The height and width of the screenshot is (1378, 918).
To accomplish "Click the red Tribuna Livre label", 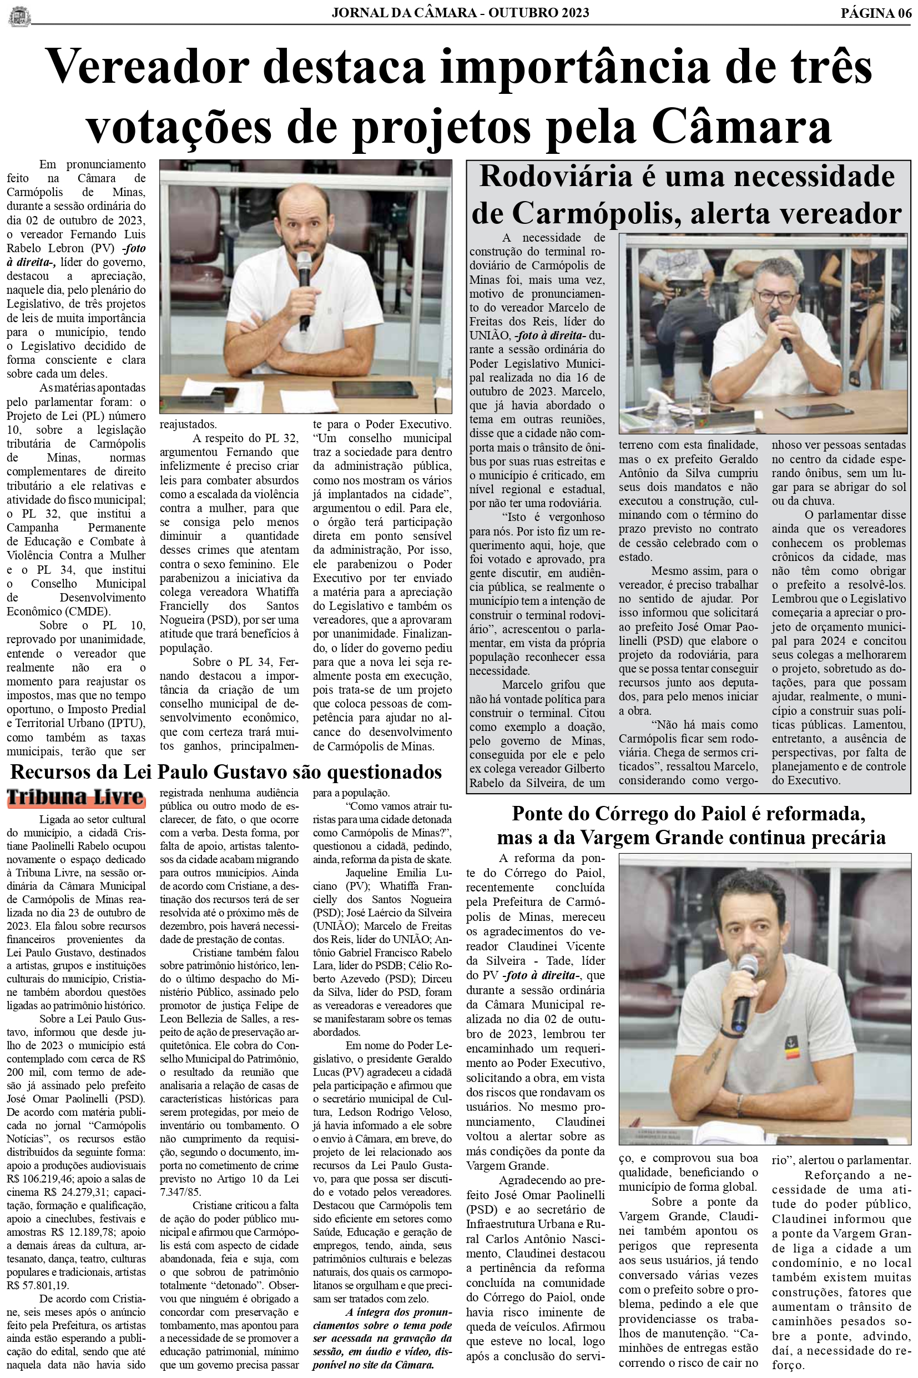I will click(x=75, y=798).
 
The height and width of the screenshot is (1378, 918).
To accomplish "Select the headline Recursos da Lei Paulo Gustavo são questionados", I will click(x=226, y=772).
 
